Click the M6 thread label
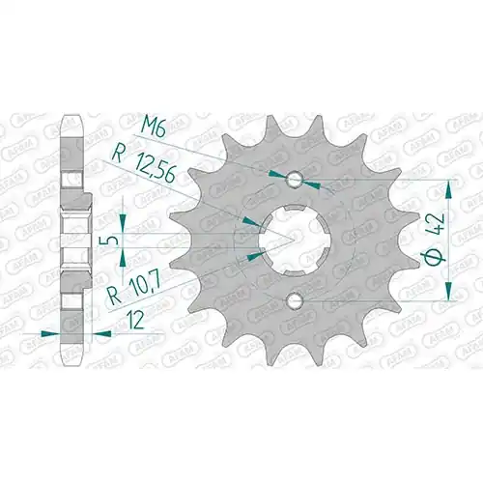tap(153, 129)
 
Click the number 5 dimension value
tap(110, 241)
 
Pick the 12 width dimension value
tap(135, 322)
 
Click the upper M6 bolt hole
tap(294, 180)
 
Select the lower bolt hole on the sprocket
tap(294, 300)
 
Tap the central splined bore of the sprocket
tap(294, 241)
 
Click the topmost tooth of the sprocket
tap(274, 128)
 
